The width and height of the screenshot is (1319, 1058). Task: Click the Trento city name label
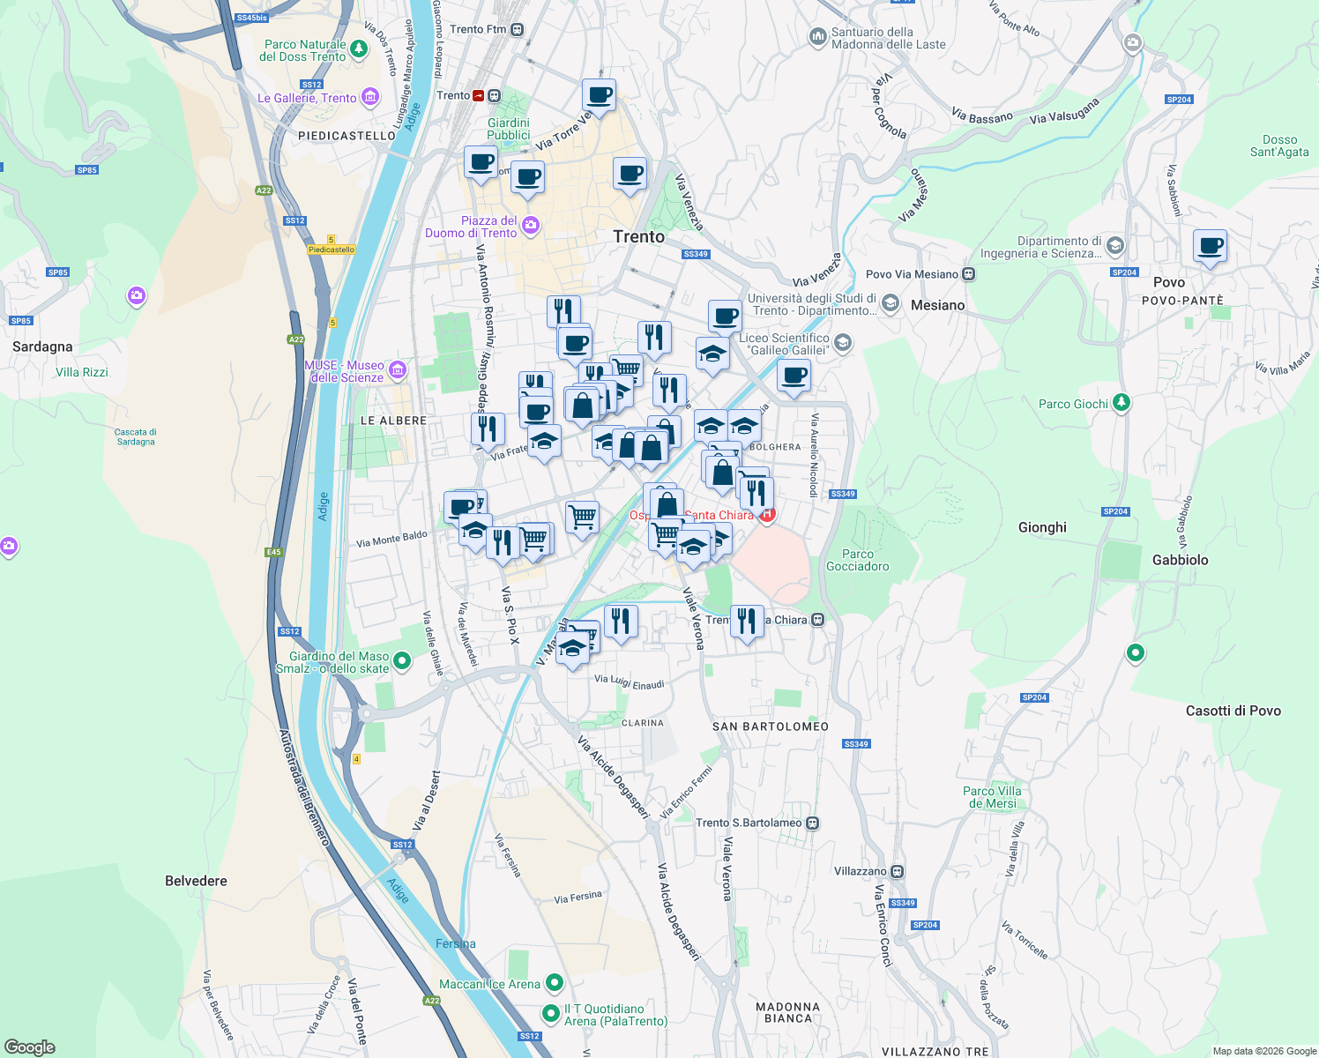click(x=638, y=236)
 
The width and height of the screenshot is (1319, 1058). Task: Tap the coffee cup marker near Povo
click(x=1210, y=246)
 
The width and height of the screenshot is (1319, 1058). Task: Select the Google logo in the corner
click(x=30, y=1047)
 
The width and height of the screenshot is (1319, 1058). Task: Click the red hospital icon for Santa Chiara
click(x=767, y=515)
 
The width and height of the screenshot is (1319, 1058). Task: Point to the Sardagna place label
click(x=42, y=346)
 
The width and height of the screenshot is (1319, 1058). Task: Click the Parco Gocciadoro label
click(x=857, y=560)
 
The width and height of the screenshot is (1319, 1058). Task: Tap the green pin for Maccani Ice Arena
click(x=555, y=981)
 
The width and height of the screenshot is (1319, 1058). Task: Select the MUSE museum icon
click(x=397, y=369)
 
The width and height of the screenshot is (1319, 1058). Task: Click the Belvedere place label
click(x=196, y=881)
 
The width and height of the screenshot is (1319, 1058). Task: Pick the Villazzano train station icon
click(x=897, y=871)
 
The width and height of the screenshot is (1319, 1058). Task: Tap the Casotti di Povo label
click(x=1233, y=711)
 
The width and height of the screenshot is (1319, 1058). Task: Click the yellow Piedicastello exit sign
click(x=332, y=250)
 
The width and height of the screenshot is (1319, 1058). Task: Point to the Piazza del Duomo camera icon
click(x=530, y=225)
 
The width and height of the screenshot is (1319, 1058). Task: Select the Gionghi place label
click(x=1042, y=527)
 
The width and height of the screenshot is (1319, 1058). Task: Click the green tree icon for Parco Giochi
click(x=1121, y=403)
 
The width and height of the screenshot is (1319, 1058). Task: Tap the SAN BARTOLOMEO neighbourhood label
click(x=771, y=726)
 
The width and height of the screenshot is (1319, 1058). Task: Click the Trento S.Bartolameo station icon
click(x=812, y=823)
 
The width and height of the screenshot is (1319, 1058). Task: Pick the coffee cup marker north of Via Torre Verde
click(x=599, y=95)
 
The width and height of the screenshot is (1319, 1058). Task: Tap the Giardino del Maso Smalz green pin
click(x=402, y=659)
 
